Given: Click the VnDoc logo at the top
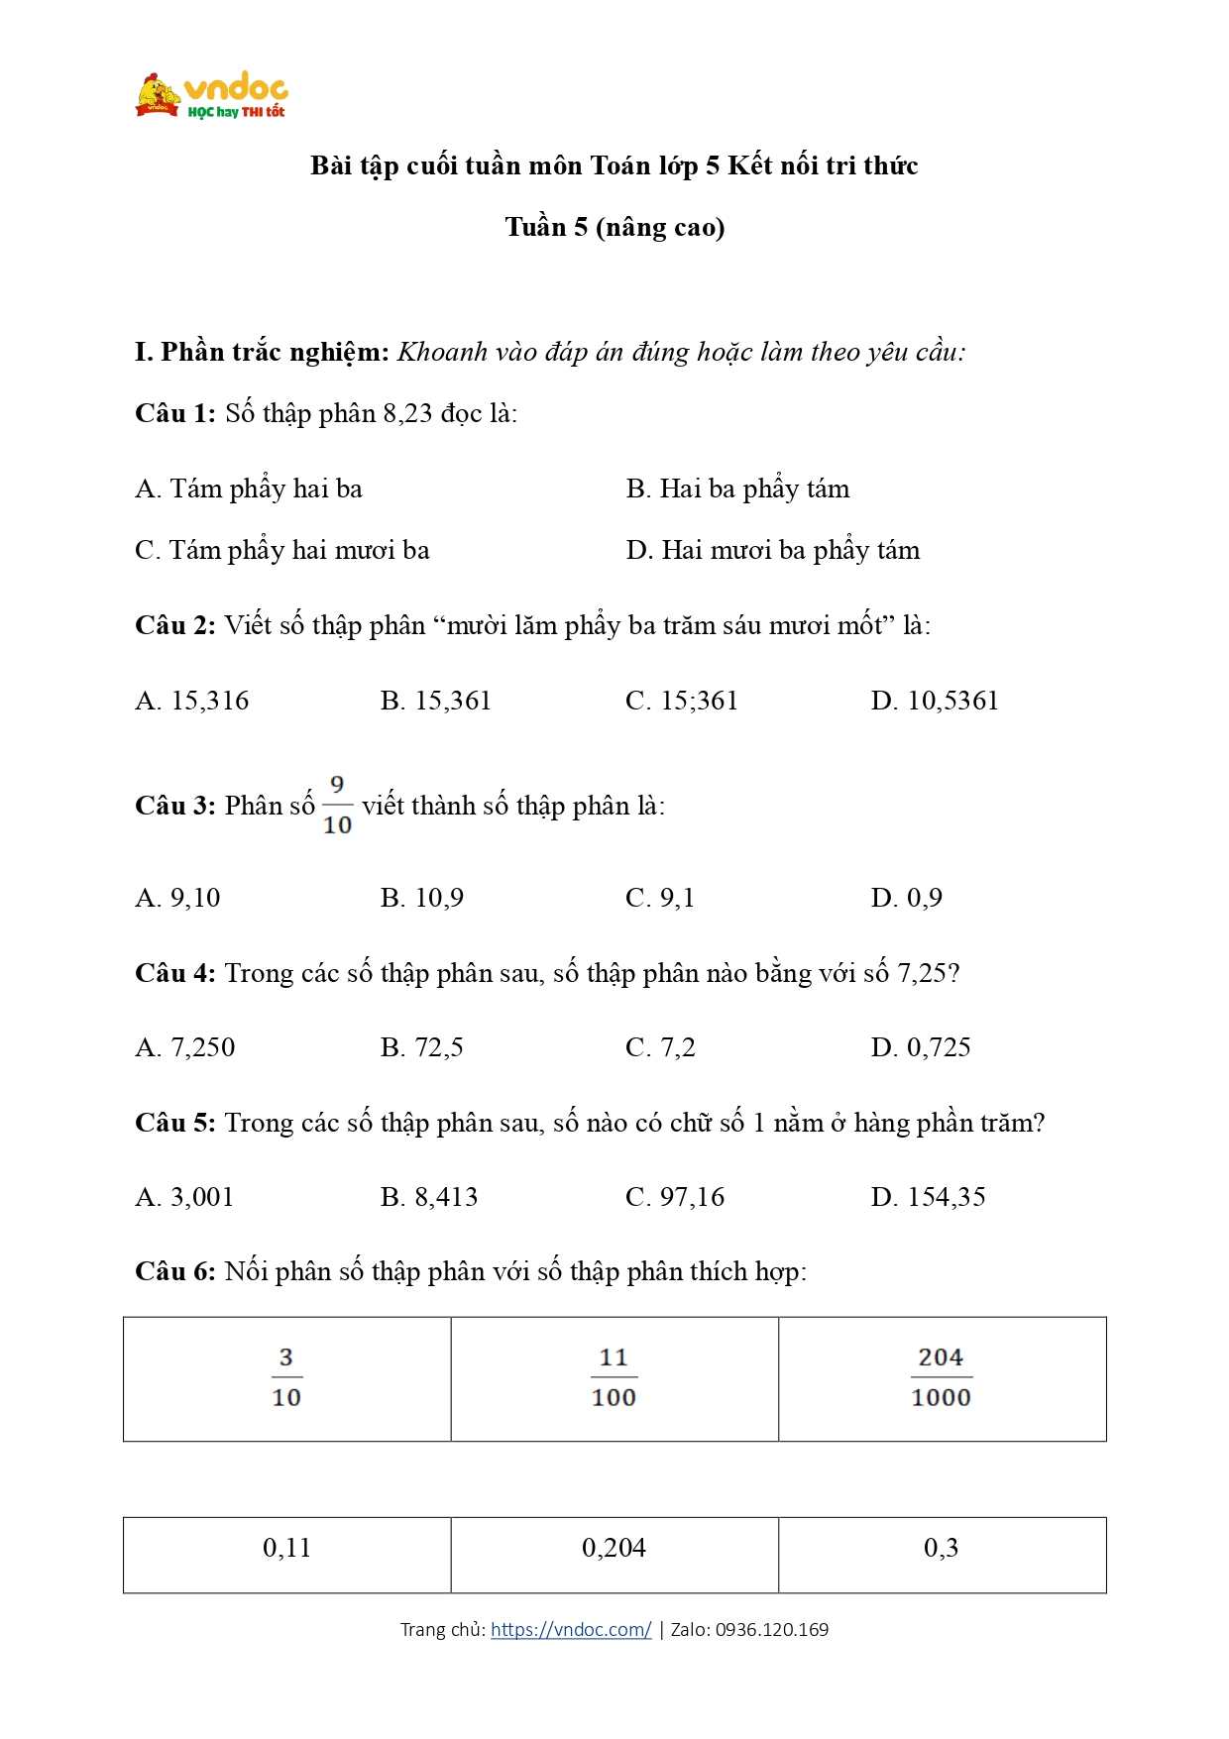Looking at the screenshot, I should coord(211,96).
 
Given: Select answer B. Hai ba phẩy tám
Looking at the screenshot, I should coord(737,489).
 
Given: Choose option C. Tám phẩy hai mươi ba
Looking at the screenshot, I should coord(281,550).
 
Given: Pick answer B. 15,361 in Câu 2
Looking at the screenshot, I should coord(435,701).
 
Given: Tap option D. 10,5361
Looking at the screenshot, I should coord(935,701).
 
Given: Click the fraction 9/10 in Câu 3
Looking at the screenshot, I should coord(337,806).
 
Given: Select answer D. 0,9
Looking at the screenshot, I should coord(906,898).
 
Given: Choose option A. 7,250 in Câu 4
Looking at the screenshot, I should coord(184,1047).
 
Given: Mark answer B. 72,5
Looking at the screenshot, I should coord(421,1047).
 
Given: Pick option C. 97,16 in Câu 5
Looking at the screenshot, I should coord(675,1197).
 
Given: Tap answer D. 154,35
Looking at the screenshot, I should coord(928,1197).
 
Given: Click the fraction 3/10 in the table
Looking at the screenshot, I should coord(286,1377).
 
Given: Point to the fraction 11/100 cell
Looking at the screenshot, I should coord(614,1377).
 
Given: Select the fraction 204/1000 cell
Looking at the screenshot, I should coord(941,1377).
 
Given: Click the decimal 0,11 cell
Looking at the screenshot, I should coord(286,1548).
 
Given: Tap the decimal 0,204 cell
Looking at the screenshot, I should coord(614,1548).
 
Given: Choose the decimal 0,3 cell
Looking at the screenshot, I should coord(941,1548).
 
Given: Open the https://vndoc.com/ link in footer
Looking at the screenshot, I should coord(571,1629).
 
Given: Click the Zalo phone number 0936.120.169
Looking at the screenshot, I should coord(771,1629).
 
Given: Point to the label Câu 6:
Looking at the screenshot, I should coord(174,1271).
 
